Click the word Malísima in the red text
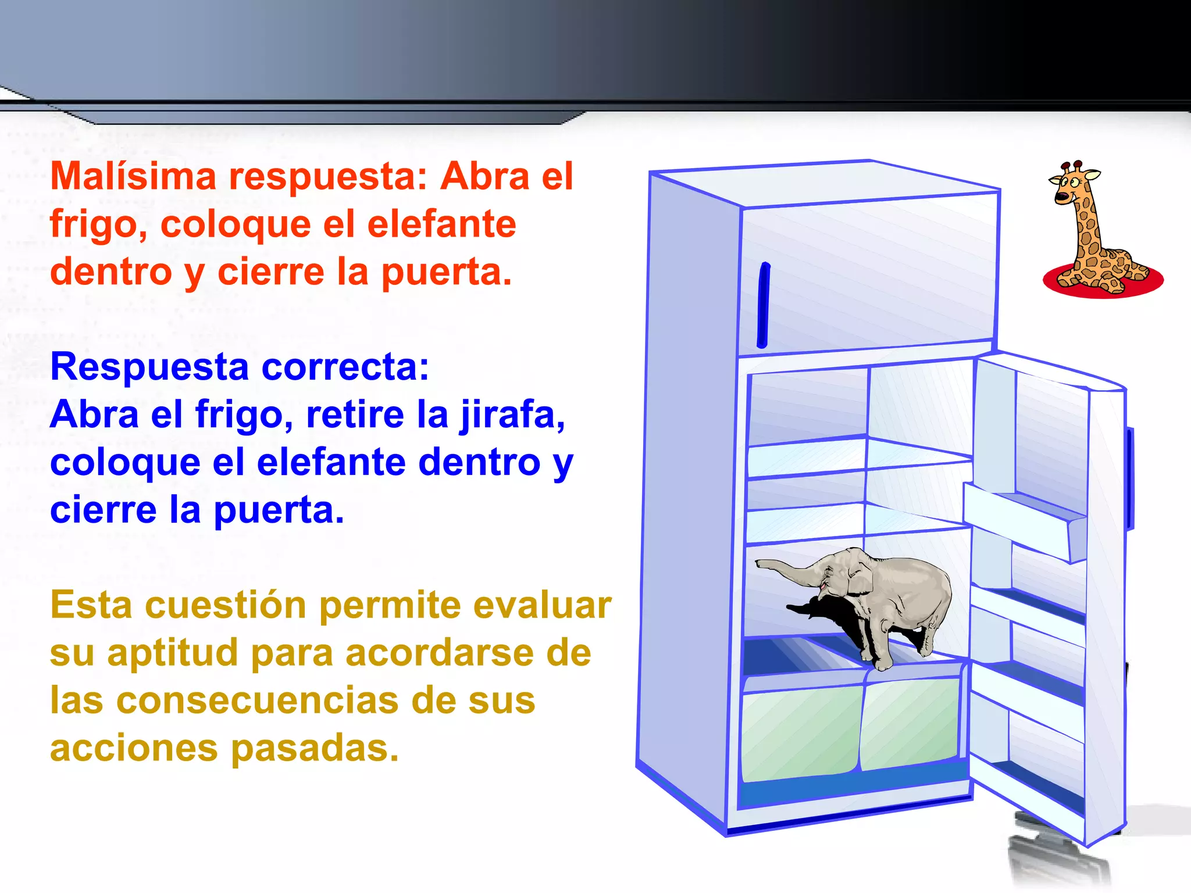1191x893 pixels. click(133, 176)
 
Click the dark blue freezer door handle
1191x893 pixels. click(763, 305)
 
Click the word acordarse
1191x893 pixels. click(439, 653)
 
